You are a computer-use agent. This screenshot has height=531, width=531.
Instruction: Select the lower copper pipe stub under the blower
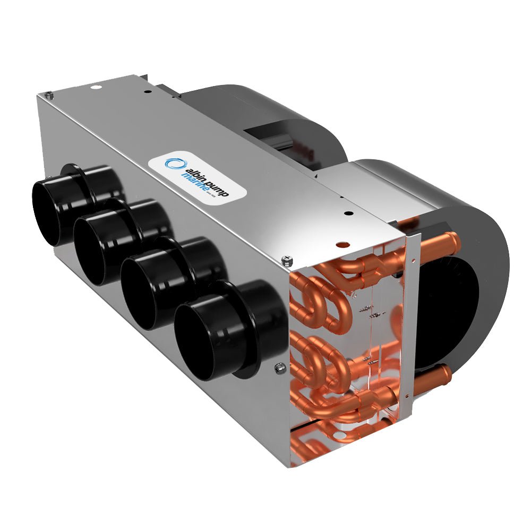(x=436, y=378)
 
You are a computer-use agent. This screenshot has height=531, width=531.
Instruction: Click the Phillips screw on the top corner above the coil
(x=287, y=259)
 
